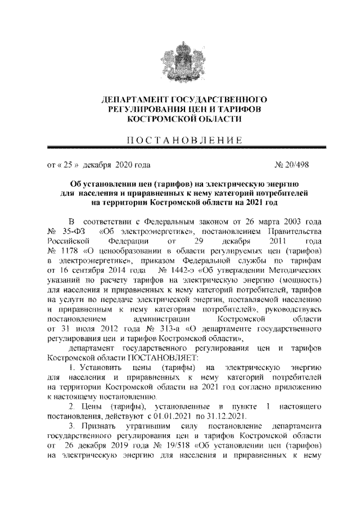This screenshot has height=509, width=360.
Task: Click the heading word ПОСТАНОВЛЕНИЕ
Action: tap(180, 139)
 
